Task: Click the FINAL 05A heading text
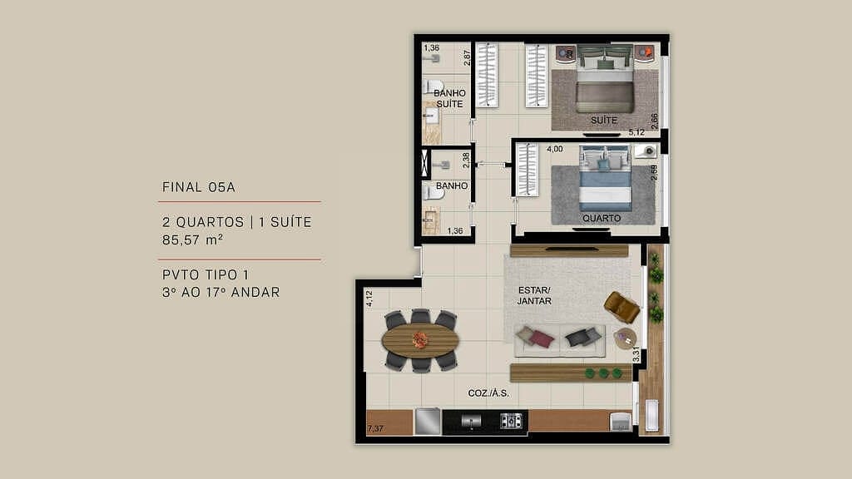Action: click(199, 187)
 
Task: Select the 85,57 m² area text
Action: click(192, 239)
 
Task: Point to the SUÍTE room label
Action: click(604, 121)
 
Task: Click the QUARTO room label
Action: click(601, 219)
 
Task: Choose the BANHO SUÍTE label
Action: click(449, 98)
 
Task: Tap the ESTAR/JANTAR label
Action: click(535, 295)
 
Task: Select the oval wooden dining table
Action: click(420, 339)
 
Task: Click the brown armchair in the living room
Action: click(622, 307)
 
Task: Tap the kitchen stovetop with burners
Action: click(510, 421)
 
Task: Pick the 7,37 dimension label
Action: click(376, 429)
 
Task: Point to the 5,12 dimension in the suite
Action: click(637, 132)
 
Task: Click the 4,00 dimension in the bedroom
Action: click(554, 150)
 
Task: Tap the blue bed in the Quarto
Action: click(605, 178)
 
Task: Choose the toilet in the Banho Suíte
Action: click(433, 86)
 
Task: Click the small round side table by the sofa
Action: click(625, 338)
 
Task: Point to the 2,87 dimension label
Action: click(468, 57)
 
